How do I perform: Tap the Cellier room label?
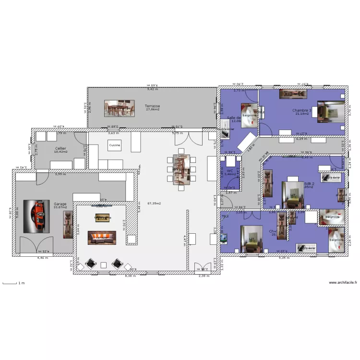[60, 148]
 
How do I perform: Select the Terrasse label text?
[152, 106]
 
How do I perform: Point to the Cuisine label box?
[115, 145]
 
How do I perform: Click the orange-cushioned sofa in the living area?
[101, 238]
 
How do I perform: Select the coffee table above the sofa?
[103, 217]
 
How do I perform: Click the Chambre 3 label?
[301, 110]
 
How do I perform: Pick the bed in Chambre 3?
[331, 111]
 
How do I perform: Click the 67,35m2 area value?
[154, 204]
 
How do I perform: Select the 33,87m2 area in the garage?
[60, 207]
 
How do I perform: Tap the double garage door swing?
[37, 245]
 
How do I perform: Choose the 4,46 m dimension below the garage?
[43, 258]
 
